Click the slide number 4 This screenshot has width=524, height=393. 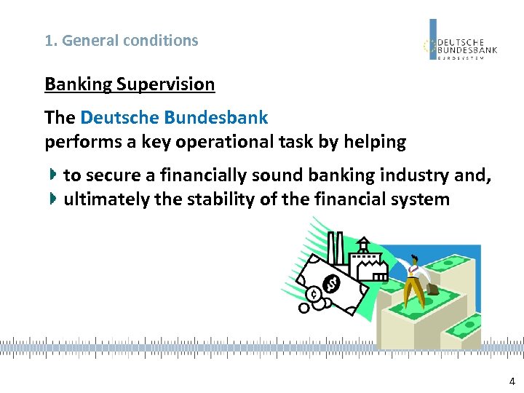pyautogui.click(x=512, y=381)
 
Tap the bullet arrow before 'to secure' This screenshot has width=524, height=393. pyautogui.click(x=54, y=175)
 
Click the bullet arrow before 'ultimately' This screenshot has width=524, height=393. pyautogui.click(x=54, y=199)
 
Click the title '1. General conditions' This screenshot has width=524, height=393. pyautogui.click(x=122, y=41)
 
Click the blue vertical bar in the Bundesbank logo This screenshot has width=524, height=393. pyautogui.click(x=433, y=38)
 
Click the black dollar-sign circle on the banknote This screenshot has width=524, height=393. pyautogui.click(x=331, y=283)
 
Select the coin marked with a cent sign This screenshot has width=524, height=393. pyautogui.click(x=313, y=295)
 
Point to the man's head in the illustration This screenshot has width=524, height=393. pyautogui.click(x=414, y=259)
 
